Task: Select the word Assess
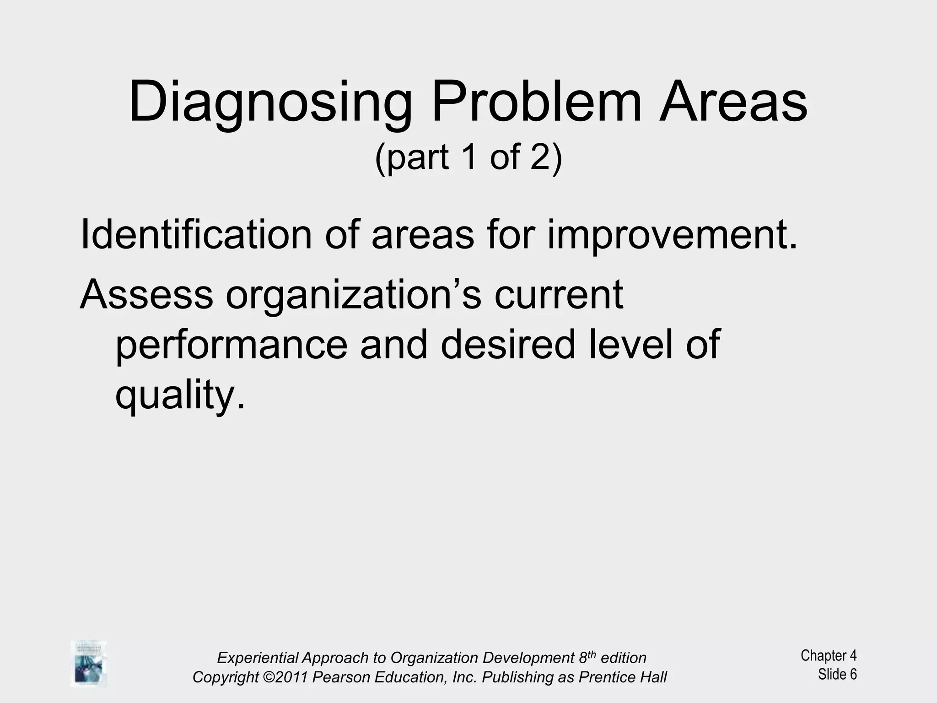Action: (x=146, y=295)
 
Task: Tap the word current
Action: (x=559, y=295)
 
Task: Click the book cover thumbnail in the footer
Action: (x=89, y=664)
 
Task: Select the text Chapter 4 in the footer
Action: (x=828, y=655)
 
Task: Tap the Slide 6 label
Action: (x=837, y=674)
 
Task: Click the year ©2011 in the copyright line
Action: (x=285, y=677)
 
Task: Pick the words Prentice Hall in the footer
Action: (x=622, y=677)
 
